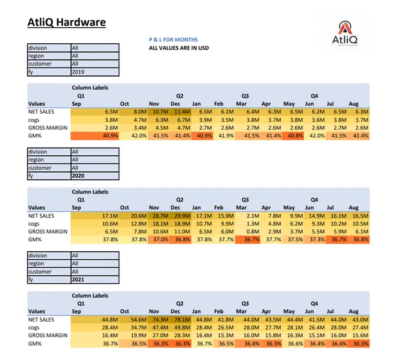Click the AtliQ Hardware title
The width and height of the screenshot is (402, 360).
[x=67, y=23]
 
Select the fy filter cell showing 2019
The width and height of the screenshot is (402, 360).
[x=94, y=72]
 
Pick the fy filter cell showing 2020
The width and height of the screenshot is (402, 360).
[x=94, y=176]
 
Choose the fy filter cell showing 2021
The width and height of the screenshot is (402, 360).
[x=94, y=280]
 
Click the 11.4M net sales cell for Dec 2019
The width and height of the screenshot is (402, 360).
[x=182, y=111]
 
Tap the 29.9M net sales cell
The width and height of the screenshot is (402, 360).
[x=182, y=215]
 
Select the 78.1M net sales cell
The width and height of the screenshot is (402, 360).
[x=182, y=319]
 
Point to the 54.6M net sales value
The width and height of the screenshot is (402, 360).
[x=137, y=319]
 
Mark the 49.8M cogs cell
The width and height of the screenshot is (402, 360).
[x=182, y=327]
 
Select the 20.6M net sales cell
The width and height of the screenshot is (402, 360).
[x=137, y=215]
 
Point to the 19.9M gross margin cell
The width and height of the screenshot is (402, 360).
[x=137, y=335]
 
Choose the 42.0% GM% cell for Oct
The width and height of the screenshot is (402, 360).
[x=137, y=135]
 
